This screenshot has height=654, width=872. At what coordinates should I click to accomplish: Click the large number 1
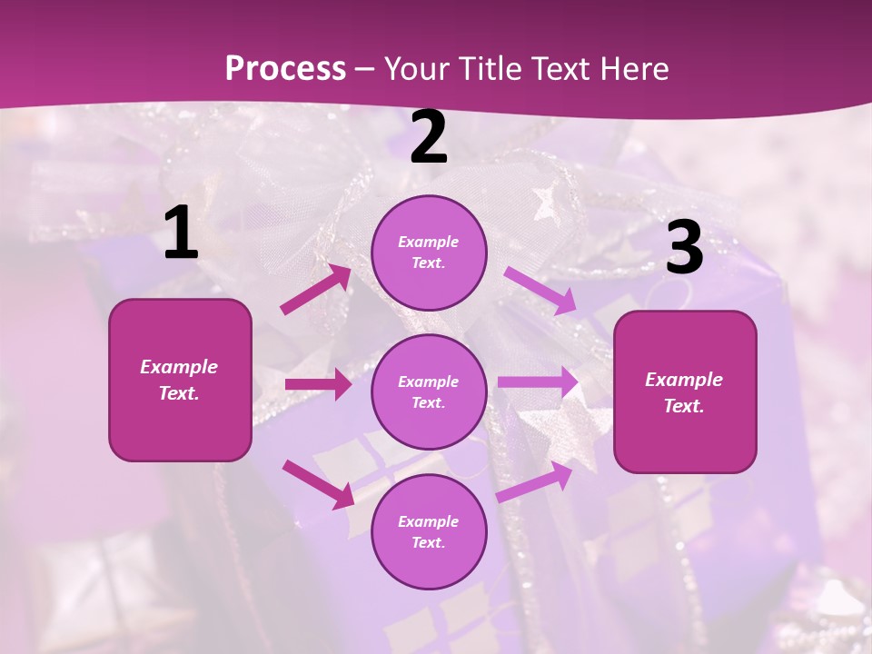click(x=181, y=233)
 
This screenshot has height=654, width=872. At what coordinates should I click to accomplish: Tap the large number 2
click(x=429, y=137)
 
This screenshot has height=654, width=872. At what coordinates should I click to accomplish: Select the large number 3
click(x=685, y=248)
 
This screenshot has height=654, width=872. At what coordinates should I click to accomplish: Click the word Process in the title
click(x=285, y=68)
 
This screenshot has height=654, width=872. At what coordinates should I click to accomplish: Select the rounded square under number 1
click(x=180, y=380)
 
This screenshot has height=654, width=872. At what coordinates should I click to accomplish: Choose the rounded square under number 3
click(x=685, y=391)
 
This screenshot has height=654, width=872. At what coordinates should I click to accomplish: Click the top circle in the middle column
click(x=429, y=253)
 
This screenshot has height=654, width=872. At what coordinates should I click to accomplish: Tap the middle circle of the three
click(x=429, y=391)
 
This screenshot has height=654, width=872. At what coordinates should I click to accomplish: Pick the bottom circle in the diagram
click(x=429, y=531)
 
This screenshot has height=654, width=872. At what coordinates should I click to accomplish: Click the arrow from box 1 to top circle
click(x=316, y=289)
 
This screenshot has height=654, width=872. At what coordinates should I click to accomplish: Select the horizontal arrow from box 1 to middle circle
click(x=318, y=384)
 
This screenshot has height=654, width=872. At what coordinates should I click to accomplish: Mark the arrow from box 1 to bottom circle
click(x=318, y=483)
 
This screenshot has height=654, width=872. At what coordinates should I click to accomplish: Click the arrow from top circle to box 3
click(x=540, y=289)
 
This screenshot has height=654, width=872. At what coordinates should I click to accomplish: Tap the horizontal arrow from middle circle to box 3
click(x=539, y=381)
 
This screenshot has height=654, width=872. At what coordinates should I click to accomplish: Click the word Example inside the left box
click(x=179, y=367)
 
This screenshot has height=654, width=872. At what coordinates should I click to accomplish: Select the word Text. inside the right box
click(x=684, y=406)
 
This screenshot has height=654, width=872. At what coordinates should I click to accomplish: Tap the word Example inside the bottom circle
click(x=429, y=521)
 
